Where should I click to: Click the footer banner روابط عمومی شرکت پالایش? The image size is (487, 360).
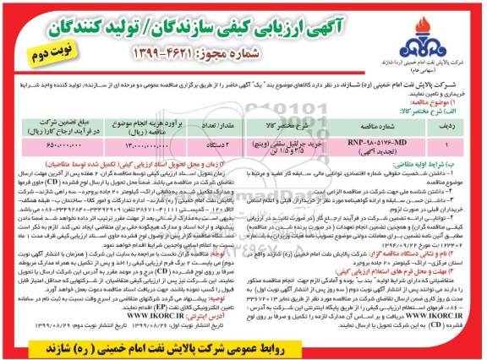(244, 346)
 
